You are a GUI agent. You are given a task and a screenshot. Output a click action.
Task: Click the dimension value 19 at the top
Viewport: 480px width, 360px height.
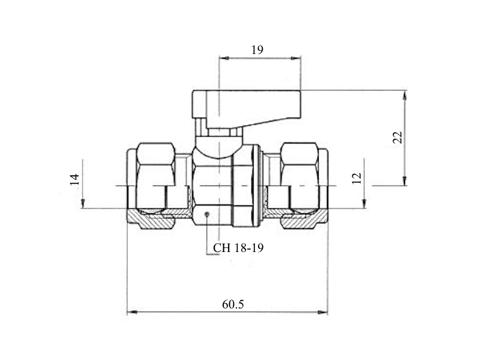[x=257, y=50]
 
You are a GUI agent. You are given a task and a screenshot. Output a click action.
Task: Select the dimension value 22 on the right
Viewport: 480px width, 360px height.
[x=397, y=137]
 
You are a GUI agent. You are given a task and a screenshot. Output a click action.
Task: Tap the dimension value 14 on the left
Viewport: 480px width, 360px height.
[x=74, y=179]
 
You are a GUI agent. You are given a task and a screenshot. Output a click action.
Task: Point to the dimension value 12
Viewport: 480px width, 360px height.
[x=357, y=178]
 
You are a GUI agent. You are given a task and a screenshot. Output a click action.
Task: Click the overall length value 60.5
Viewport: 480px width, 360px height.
[x=233, y=305]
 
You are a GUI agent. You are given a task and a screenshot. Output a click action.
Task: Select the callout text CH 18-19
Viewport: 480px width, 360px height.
[x=238, y=248]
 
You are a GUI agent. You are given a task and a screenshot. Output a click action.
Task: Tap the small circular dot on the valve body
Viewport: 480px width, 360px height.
[x=207, y=214]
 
